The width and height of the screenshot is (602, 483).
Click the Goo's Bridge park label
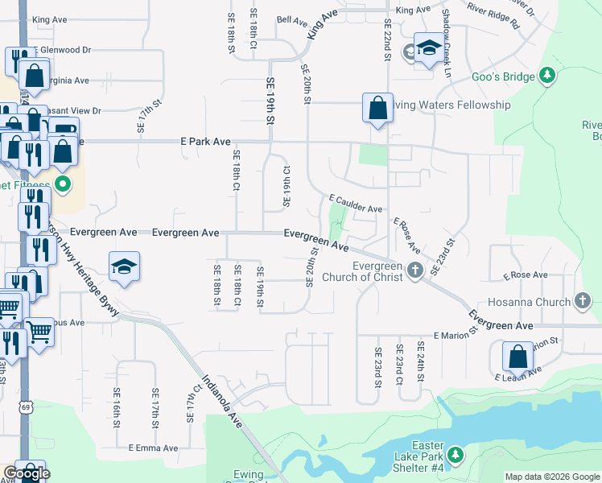coord(503,76)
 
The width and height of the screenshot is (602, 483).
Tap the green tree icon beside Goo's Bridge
coord(547,76)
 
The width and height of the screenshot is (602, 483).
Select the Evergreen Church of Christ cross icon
coord(414,270)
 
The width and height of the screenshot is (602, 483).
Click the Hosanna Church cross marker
coord(583,302)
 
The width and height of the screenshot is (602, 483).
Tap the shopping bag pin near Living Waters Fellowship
coord(377,108)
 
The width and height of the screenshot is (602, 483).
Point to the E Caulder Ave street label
coord(355,203)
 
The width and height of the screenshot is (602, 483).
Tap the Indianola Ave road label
coord(222,399)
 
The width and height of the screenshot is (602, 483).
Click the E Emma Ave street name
coord(153,448)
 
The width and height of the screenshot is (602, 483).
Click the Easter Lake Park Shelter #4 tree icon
coord(455,456)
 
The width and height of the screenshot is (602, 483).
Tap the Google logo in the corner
coord(27,473)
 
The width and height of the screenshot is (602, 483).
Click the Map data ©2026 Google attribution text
coord(551,477)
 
